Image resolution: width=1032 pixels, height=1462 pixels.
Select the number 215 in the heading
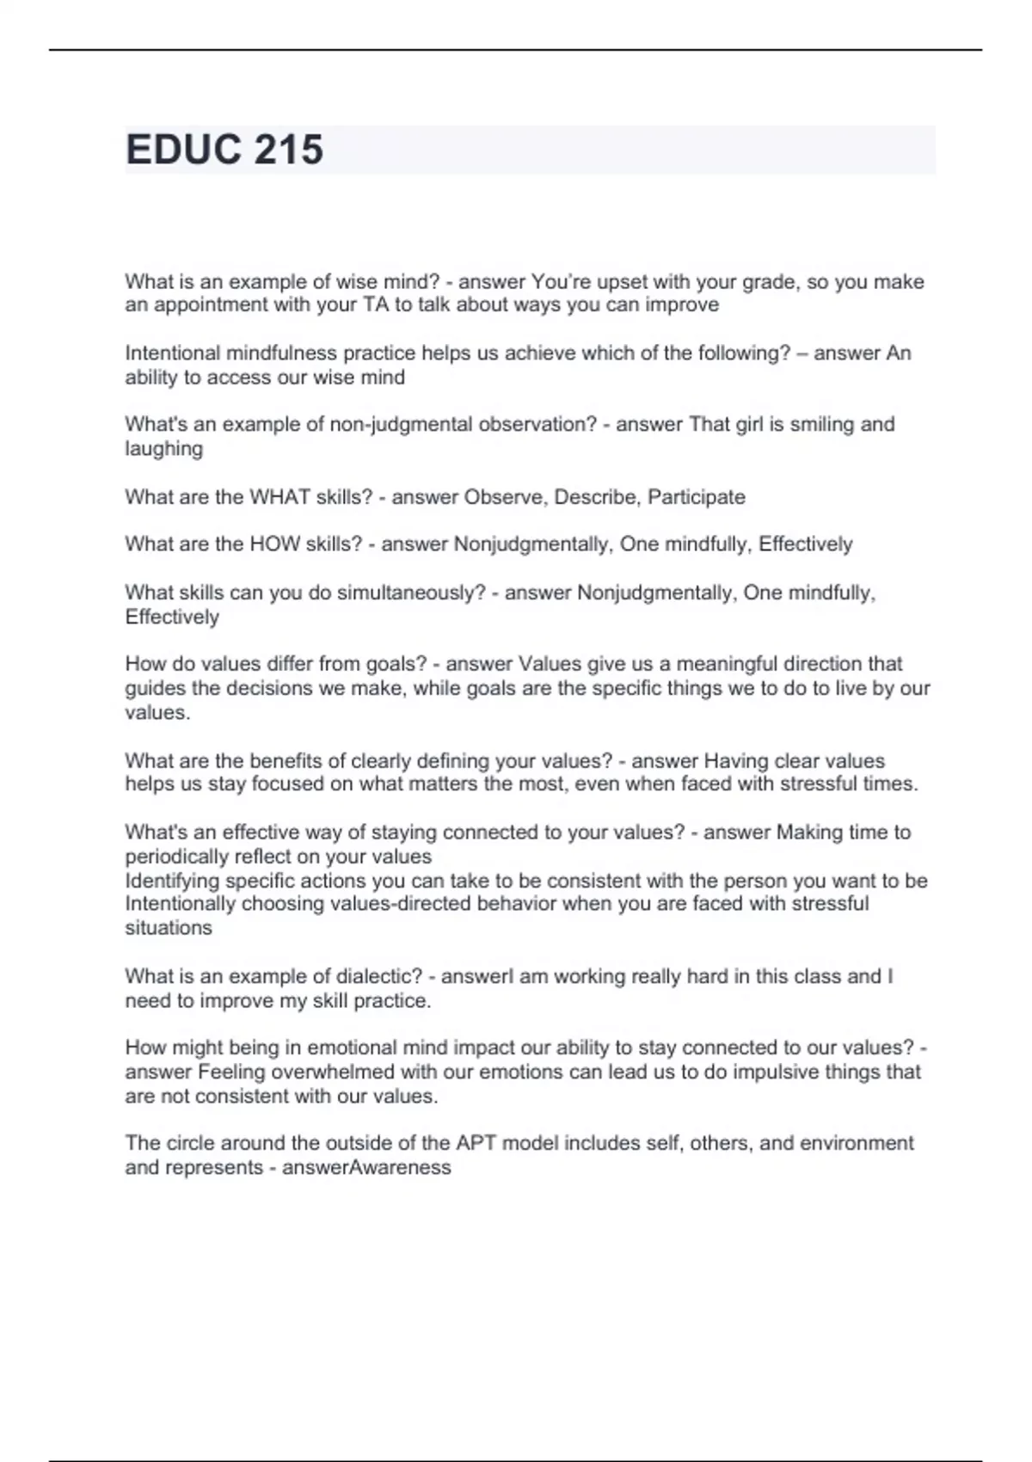pos(288,150)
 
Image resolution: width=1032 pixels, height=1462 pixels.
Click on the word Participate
pos(696,497)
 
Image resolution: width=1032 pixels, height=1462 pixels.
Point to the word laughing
pos(163,449)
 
